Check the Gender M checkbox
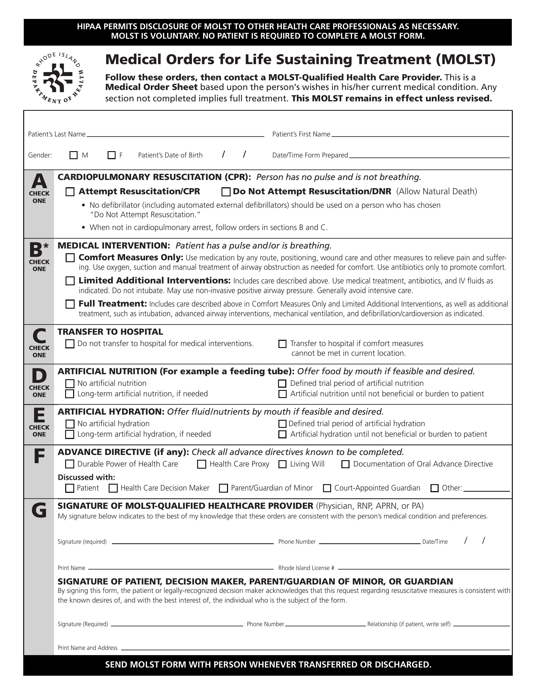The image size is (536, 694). (73, 155)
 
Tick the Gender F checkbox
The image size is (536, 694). (112, 155)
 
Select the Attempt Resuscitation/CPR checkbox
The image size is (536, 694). (70, 192)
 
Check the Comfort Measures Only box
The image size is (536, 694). (70, 257)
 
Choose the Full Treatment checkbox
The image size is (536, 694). (70, 304)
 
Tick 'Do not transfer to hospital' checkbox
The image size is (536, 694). (70, 344)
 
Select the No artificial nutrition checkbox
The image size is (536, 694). (70, 383)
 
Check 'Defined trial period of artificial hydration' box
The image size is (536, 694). (282, 424)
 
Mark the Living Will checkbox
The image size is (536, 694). (282, 464)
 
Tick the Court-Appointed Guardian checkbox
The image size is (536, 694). (327, 488)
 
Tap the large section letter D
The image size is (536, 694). (39, 376)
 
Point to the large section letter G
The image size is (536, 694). (39, 511)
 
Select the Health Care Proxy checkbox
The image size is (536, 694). (201, 464)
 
